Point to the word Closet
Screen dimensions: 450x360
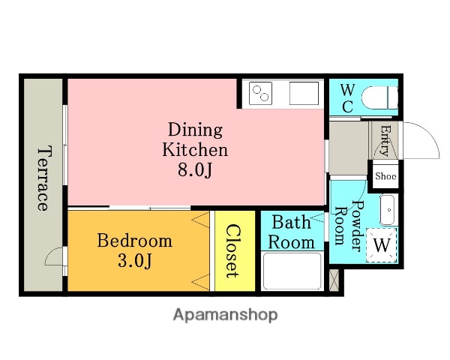(x=232, y=251)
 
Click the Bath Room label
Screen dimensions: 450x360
(x=292, y=232)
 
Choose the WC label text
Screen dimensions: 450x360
(x=347, y=98)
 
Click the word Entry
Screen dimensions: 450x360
(x=386, y=141)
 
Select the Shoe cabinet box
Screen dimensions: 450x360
(x=385, y=176)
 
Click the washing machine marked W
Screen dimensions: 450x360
(x=382, y=245)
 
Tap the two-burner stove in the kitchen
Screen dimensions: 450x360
(x=260, y=93)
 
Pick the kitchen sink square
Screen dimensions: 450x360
(x=304, y=93)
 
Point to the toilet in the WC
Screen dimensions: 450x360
(x=379, y=98)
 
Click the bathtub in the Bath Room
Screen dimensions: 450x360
(x=292, y=271)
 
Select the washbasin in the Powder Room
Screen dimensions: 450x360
(x=388, y=210)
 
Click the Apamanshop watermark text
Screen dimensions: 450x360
(x=225, y=315)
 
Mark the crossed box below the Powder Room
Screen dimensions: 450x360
(x=334, y=280)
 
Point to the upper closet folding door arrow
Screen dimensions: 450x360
(x=200, y=220)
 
